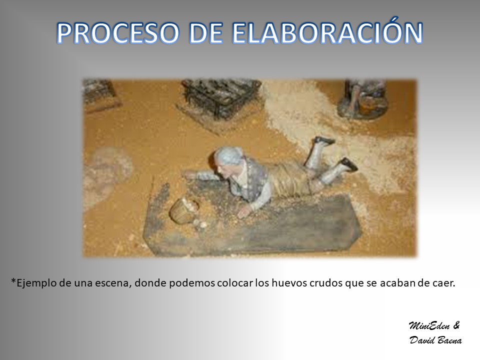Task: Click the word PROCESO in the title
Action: coord(118,33)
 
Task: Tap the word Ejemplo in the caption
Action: coord(33,283)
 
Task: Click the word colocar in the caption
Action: coord(235,283)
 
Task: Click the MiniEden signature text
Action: coord(429,325)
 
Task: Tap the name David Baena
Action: coord(435,340)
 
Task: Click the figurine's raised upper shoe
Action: coord(325,140)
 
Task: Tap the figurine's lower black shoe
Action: coord(350,164)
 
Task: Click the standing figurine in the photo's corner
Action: coord(363,98)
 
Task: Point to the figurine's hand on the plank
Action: coord(244,211)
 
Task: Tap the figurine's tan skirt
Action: coord(291,179)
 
